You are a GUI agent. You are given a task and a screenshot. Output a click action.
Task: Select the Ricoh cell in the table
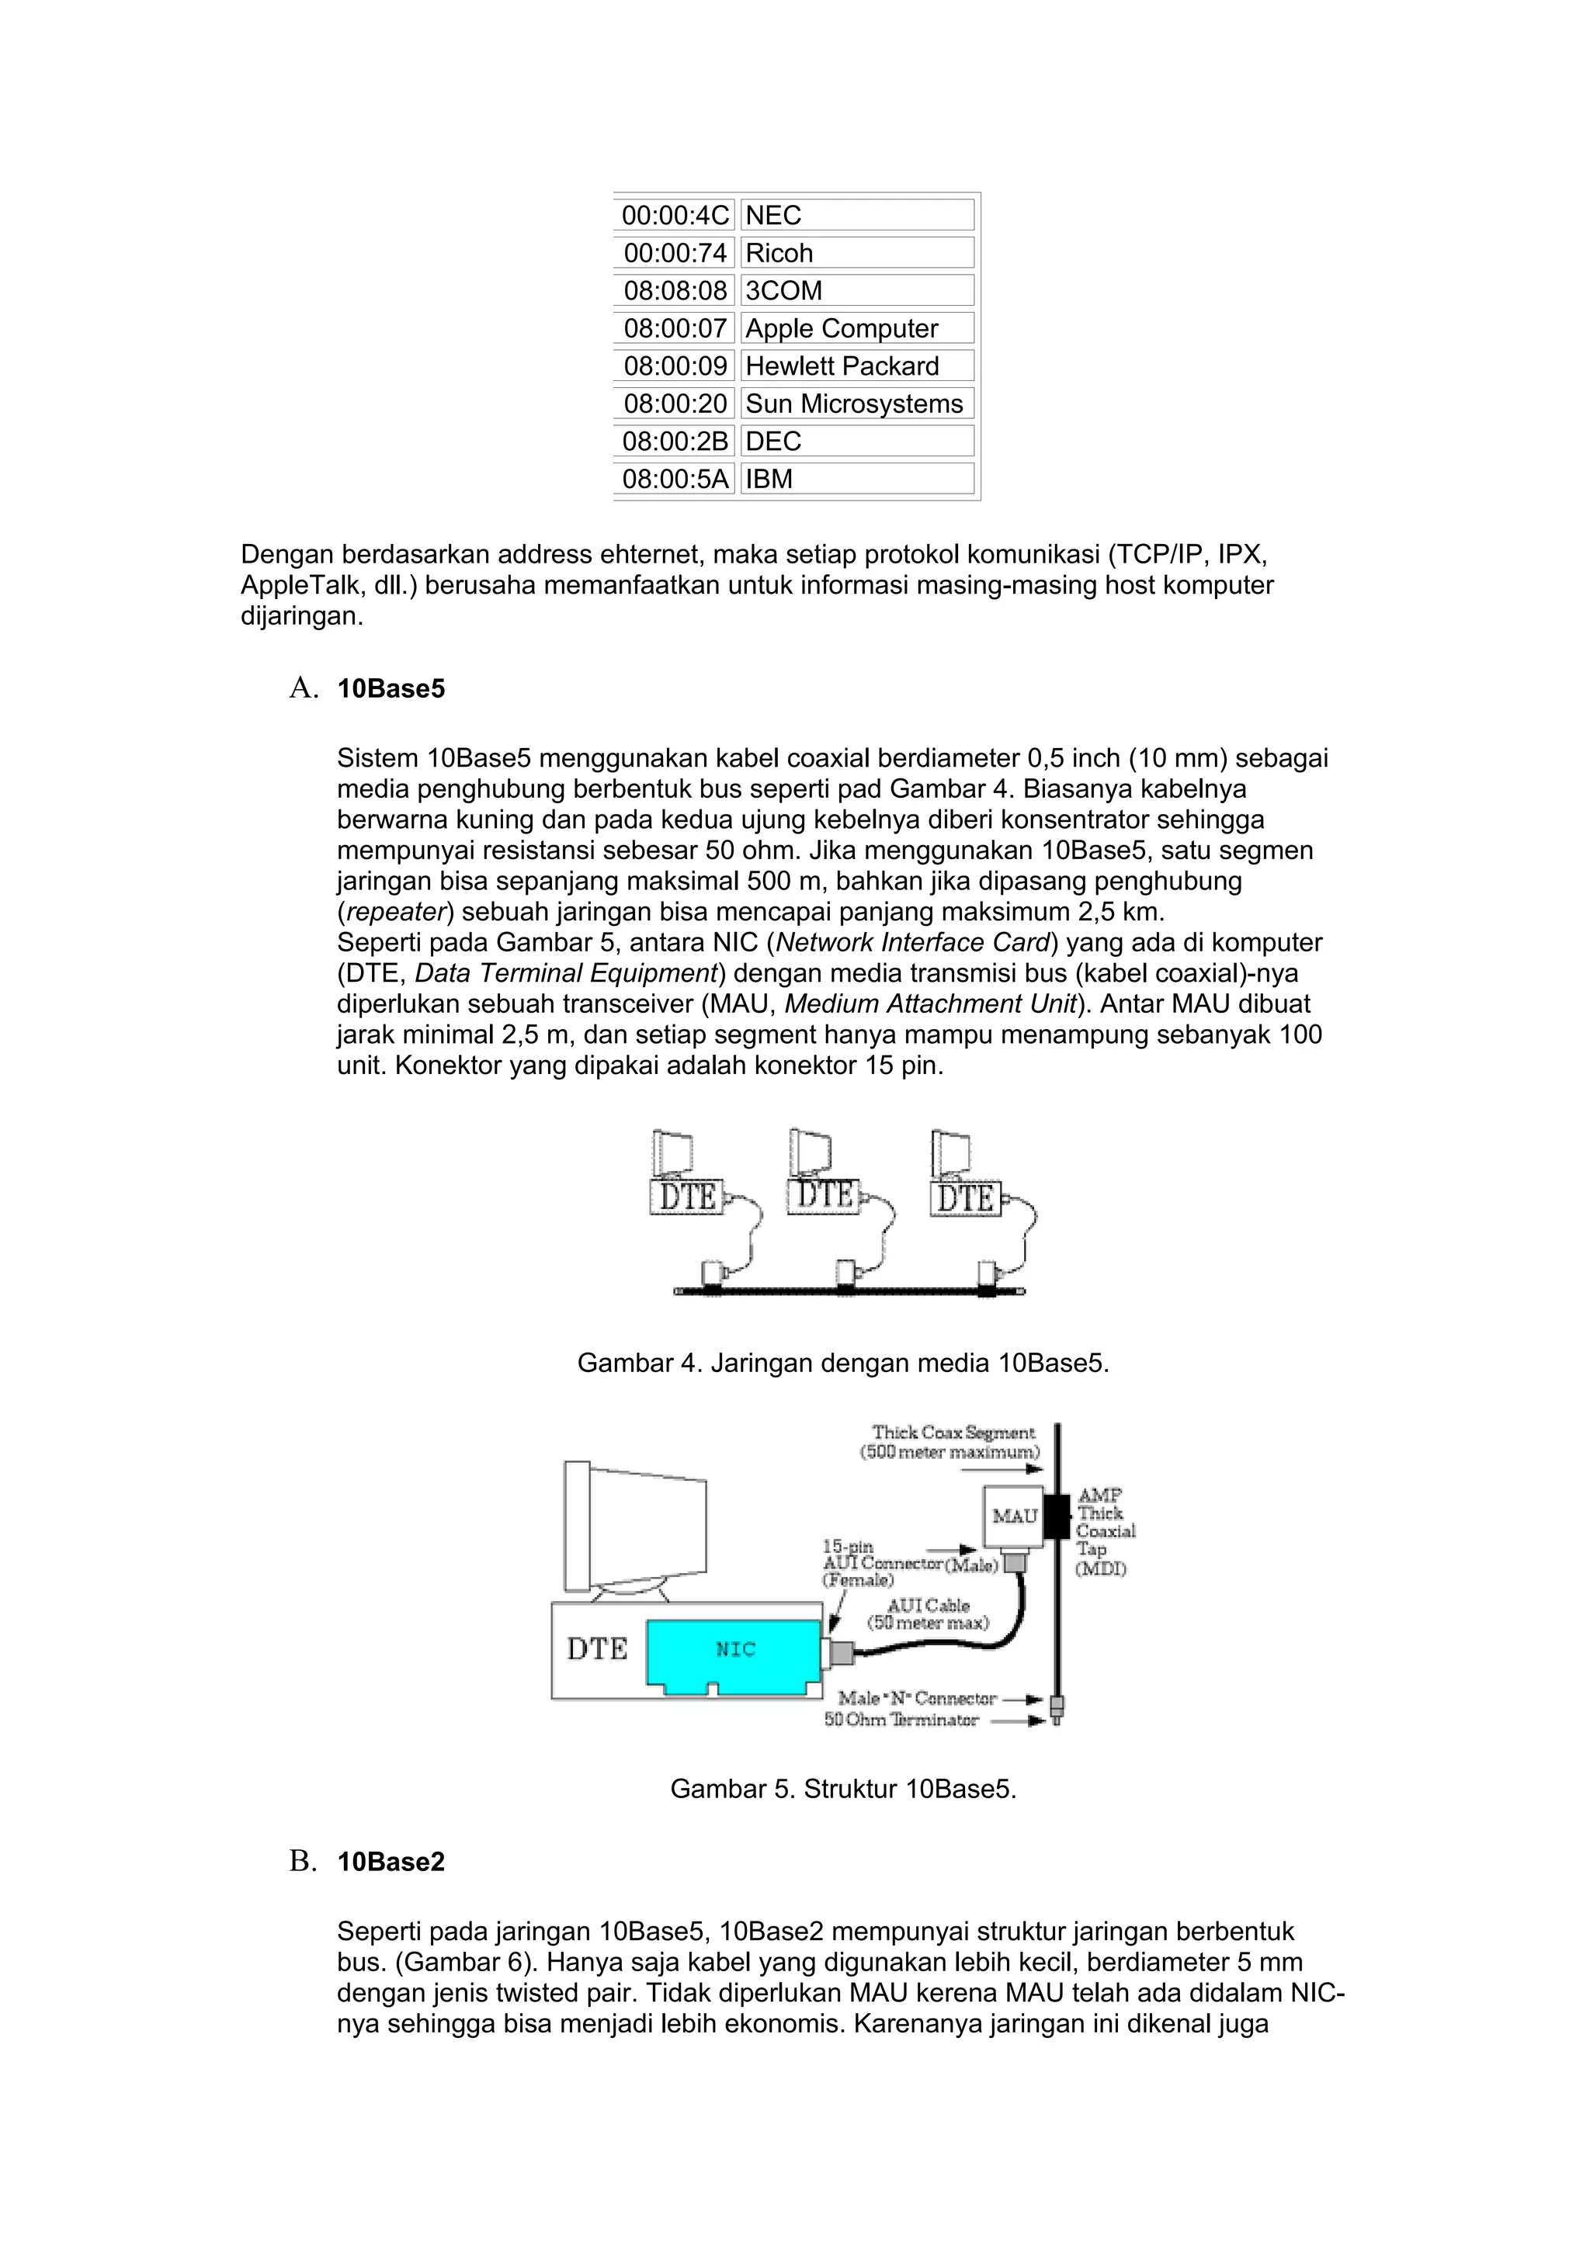pos(856,253)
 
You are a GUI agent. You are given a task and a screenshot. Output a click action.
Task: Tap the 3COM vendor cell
pos(856,291)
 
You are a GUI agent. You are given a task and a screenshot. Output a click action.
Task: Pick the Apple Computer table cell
pos(856,328)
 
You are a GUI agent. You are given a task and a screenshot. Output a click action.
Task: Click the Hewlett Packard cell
pos(856,366)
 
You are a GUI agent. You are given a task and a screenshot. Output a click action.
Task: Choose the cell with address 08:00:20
pos(675,404)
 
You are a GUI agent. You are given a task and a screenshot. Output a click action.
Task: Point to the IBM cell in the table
pos(856,479)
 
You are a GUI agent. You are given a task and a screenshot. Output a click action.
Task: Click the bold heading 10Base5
pos(391,688)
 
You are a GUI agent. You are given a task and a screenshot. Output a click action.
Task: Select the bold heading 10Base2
pos(391,1862)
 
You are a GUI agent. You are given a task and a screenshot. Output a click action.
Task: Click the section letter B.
pos(303,1861)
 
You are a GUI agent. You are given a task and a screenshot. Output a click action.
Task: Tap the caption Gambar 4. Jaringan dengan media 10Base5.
pos(842,1363)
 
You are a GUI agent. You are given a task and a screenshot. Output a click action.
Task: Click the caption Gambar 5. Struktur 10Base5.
pos(842,1789)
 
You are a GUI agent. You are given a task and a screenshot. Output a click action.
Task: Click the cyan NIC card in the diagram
pos(734,1650)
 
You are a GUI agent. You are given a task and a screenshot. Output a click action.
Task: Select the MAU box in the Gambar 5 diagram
pos(1014,1516)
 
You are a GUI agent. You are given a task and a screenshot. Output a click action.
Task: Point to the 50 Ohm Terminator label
pos(901,1720)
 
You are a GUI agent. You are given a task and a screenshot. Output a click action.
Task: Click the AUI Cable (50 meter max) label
pos(928,1613)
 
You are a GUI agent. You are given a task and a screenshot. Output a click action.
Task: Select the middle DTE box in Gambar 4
pos(824,1195)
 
